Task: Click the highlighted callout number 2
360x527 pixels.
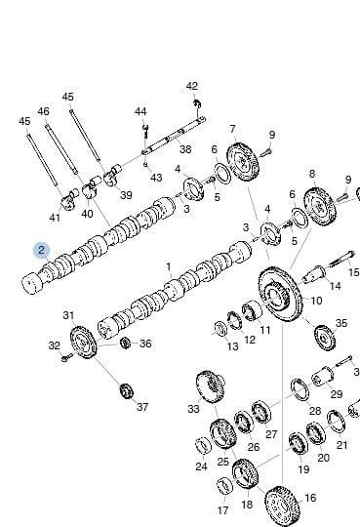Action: click(x=41, y=251)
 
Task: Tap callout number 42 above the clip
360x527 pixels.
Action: click(x=192, y=86)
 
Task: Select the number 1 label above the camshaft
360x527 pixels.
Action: click(x=169, y=267)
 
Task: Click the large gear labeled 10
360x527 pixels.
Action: click(x=280, y=295)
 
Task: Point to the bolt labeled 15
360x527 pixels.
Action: click(x=340, y=260)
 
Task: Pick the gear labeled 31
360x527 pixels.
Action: click(x=83, y=343)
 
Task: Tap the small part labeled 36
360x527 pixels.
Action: click(x=125, y=343)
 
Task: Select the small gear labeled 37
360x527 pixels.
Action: click(x=127, y=391)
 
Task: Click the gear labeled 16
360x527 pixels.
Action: click(x=282, y=507)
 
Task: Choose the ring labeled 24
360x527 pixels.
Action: click(x=203, y=445)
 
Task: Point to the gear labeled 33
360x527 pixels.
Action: click(x=211, y=385)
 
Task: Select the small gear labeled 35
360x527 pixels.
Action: click(x=325, y=337)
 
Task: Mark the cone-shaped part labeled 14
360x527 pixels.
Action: click(x=313, y=274)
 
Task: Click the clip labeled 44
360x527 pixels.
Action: click(x=145, y=131)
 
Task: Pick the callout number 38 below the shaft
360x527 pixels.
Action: click(x=185, y=149)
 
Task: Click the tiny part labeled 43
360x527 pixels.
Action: click(x=145, y=164)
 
